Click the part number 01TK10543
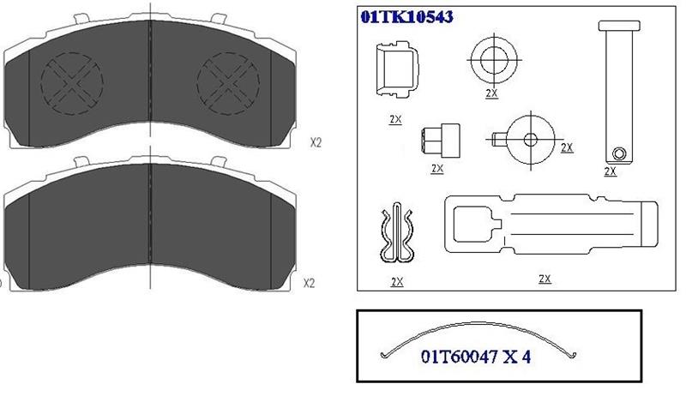(x=406, y=17)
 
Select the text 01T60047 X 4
(x=476, y=357)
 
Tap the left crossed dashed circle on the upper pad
(x=72, y=83)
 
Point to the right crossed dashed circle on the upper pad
(x=228, y=83)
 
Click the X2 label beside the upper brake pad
(x=316, y=142)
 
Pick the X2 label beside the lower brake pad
(x=310, y=283)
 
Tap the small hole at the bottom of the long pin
(x=618, y=153)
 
